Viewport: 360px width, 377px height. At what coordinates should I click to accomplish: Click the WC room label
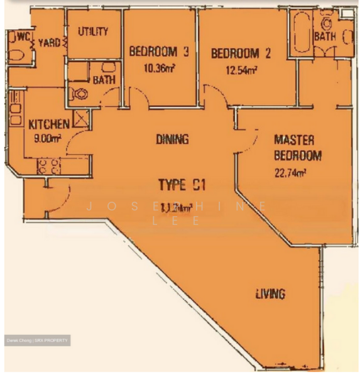coord(23,36)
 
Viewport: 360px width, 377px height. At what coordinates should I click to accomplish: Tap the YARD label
coord(49,43)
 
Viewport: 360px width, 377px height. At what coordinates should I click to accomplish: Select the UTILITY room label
coord(93,32)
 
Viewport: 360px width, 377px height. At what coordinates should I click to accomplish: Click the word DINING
coord(172,140)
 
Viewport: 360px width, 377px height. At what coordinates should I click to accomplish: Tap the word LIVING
coord(270,293)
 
